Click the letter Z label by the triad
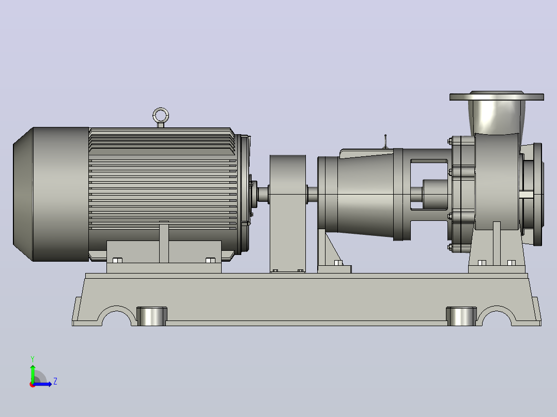click(55, 381)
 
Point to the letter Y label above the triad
click(33, 359)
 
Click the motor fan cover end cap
click(51, 194)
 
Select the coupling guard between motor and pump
click(288, 213)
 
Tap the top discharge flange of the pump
click(497, 97)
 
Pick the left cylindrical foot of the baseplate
click(152, 316)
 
